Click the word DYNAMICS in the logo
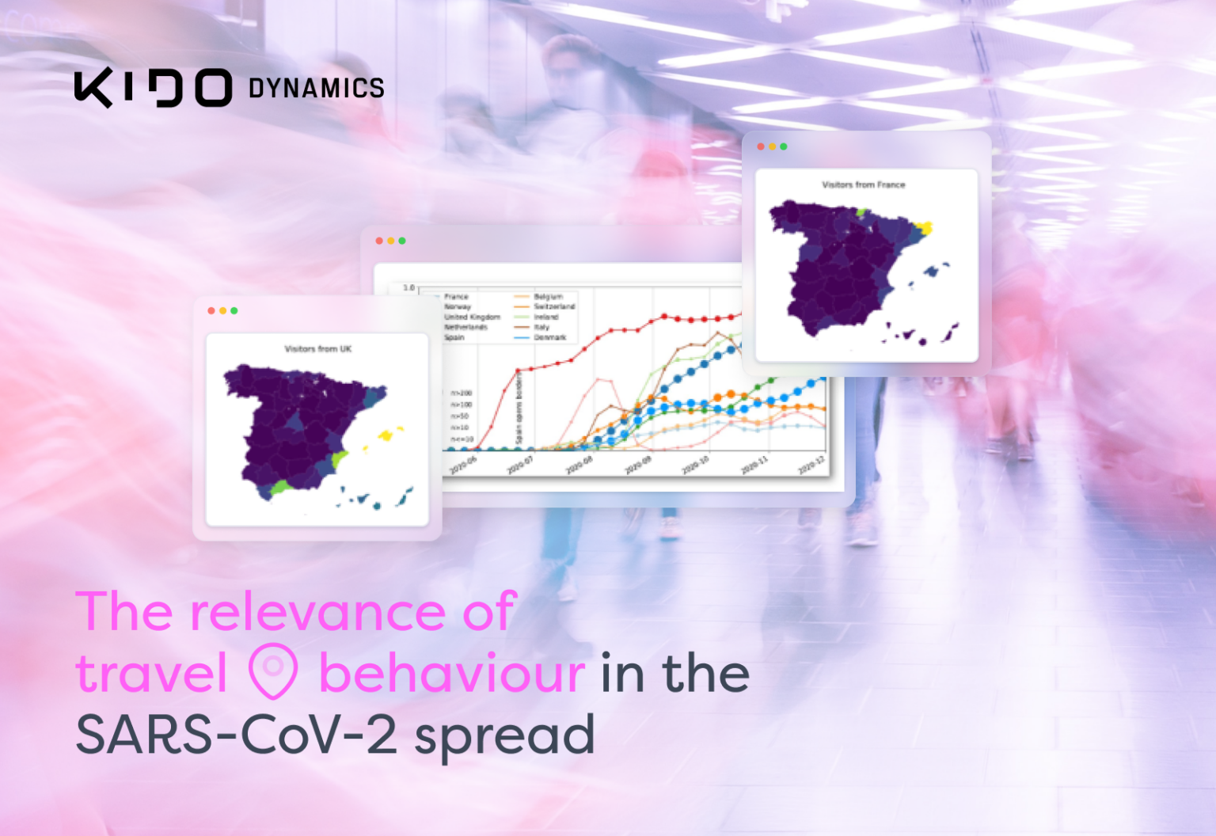(316, 88)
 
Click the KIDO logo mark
(153, 88)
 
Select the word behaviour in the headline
(451, 674)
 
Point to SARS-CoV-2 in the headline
(236, 735)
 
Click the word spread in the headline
(504, 736)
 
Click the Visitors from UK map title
(317, 349)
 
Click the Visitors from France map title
(863, 185)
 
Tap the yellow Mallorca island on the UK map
(386, 435)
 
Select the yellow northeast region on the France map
(923, 229)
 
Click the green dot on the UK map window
(234, 311)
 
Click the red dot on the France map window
(761, 146)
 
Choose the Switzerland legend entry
(553, 306)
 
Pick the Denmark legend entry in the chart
(549, 337)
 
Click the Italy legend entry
(541, 327)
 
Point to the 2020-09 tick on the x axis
(638, 465)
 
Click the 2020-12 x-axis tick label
(811, 465)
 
